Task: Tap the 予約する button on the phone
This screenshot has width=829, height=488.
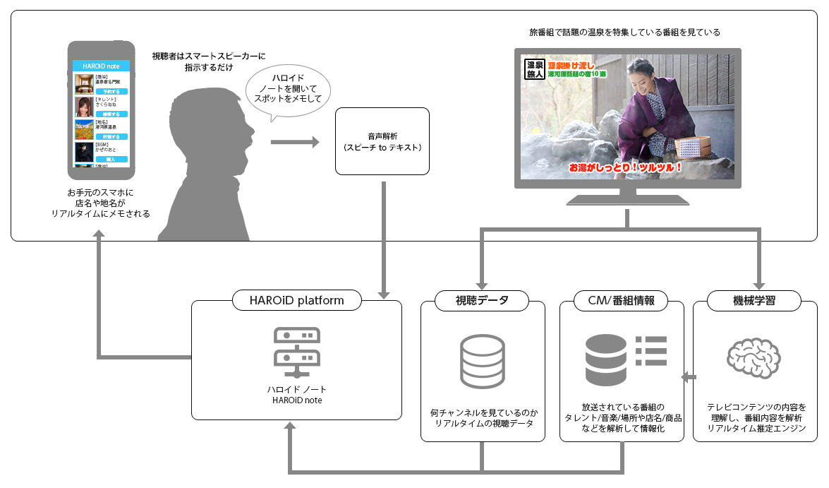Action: [111, 92]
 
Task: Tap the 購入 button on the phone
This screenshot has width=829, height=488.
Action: [111, 160]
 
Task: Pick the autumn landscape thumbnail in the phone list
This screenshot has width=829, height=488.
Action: [84, 129]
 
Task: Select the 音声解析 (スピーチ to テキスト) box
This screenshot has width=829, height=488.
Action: [382, 141]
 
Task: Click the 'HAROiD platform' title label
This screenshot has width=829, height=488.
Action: [296, 300]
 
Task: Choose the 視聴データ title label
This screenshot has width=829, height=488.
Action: [483, 300]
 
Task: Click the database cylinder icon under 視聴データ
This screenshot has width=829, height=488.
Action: [483, 359]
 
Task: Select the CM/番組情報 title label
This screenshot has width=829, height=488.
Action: [621, 300]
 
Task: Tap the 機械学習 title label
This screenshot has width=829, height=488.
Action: [755, 300]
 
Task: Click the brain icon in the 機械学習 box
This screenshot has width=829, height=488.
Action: [754, 359]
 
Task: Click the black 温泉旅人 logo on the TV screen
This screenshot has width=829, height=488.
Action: [535, 69]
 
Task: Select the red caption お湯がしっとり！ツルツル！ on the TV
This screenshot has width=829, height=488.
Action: [625, 168]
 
